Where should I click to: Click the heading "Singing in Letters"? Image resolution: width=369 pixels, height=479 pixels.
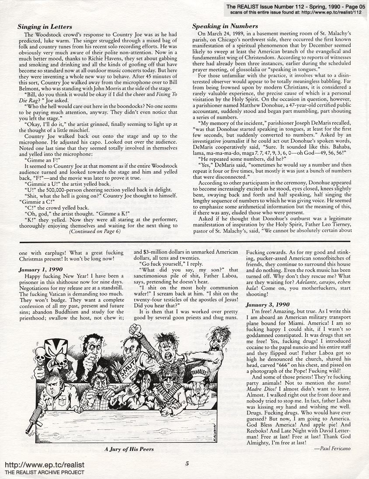45,27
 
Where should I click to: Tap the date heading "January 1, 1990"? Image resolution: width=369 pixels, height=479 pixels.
41,270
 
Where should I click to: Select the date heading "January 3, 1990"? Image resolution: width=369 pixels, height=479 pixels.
268,304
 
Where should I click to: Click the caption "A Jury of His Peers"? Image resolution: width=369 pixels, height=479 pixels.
129,449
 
